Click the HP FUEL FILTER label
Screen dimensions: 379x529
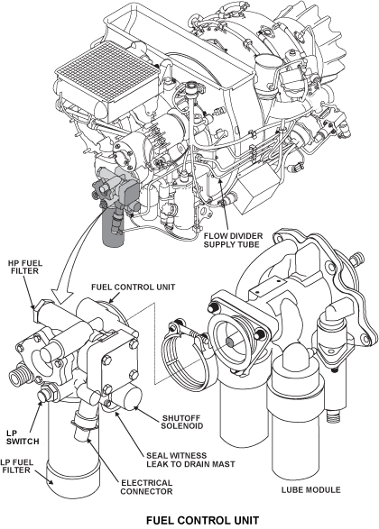tap(25, 267)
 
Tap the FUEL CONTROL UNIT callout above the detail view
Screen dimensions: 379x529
tap(134, 287)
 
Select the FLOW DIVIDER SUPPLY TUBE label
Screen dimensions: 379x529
tap(233, 240)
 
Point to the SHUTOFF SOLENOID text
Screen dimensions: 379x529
tap(182, 422)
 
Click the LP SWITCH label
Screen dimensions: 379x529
tap(23, 437)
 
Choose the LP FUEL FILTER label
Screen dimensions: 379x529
tap(16, 466)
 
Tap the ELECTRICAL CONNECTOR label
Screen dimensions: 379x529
tap(146, 488)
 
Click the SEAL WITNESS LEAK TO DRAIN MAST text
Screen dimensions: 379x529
tap(190, 460)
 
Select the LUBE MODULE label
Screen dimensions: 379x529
tap(310, 489)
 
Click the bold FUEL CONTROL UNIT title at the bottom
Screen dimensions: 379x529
tap(202, 520)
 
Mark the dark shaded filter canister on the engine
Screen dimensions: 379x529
tap(113, 230)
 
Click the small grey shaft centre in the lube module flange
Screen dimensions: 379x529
tap(231, 342)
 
